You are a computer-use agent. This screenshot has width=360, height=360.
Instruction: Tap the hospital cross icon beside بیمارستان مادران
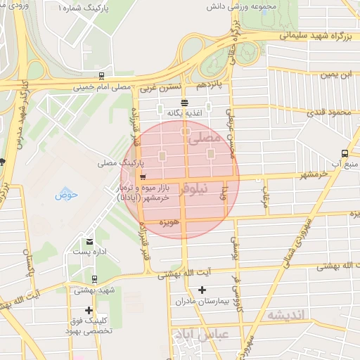(x=202, y=290)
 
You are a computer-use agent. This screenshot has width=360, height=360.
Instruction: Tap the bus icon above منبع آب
(x=344, y=153)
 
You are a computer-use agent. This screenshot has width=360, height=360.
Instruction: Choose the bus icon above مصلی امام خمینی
(x=103, y=76)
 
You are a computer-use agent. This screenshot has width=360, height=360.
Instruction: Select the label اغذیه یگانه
(x=184, y=113)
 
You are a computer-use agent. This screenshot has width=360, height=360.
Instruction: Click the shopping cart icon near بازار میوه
(x=143, y=177)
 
